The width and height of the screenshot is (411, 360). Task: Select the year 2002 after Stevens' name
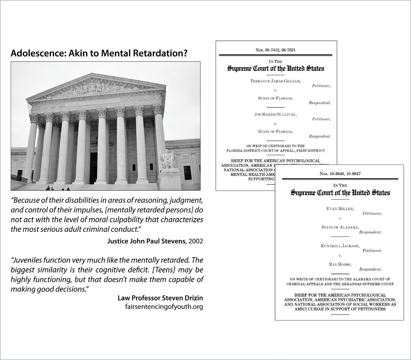(196, 241)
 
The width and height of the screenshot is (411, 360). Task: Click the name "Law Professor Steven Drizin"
(160, 298)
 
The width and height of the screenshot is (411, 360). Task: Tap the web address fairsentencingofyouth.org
(164, 307)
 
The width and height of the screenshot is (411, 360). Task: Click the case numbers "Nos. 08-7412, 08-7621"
(275, 50)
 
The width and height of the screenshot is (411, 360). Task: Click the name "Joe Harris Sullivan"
(275, 114)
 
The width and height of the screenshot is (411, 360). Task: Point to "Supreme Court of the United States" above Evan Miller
(340, 193)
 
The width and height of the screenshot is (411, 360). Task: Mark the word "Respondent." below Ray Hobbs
(370, 269)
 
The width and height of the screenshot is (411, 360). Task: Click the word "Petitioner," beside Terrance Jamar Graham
(321, 86)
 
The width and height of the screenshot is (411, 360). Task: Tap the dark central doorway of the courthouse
(94, 167)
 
